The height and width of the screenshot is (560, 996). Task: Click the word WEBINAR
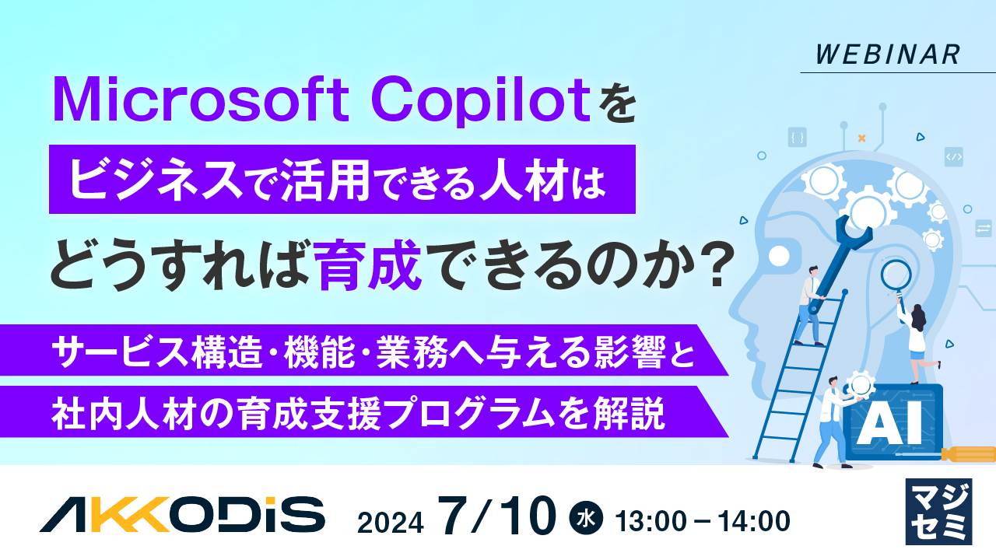[889, 54]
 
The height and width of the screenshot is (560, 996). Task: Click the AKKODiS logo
[182, 513]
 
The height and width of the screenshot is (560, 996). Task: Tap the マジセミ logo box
[938, 511]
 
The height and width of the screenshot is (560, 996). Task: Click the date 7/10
[498, 516]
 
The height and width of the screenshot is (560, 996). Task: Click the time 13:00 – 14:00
[703, 520]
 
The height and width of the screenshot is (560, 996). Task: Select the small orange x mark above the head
[861, 138]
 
